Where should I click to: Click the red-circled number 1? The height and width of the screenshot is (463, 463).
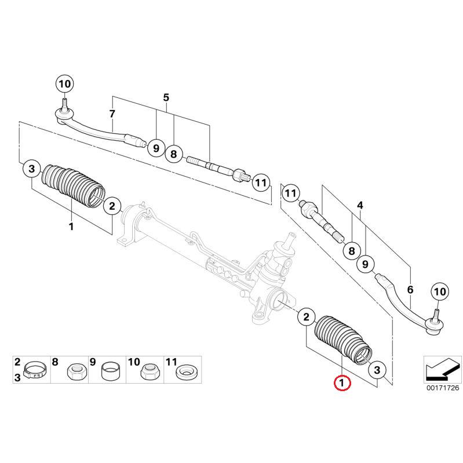[x=342, y=383]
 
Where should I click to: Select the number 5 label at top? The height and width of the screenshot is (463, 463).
[x=166, y=97]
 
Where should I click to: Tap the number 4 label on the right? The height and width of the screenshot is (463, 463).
[x=360, y=206]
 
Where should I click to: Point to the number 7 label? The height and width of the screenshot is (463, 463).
[x=112, y=113]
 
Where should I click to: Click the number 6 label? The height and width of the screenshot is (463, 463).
[x=410, y=289]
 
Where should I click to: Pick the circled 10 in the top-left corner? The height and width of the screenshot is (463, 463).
[x=64, y=83]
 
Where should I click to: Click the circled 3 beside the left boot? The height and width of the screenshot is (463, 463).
[x=32, y=169]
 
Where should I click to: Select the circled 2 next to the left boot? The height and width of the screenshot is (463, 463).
[x=112, y=205]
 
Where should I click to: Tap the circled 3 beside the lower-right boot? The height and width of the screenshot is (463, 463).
[x=377, y=369]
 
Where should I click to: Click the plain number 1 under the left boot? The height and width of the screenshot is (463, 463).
[x=71, y=226]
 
